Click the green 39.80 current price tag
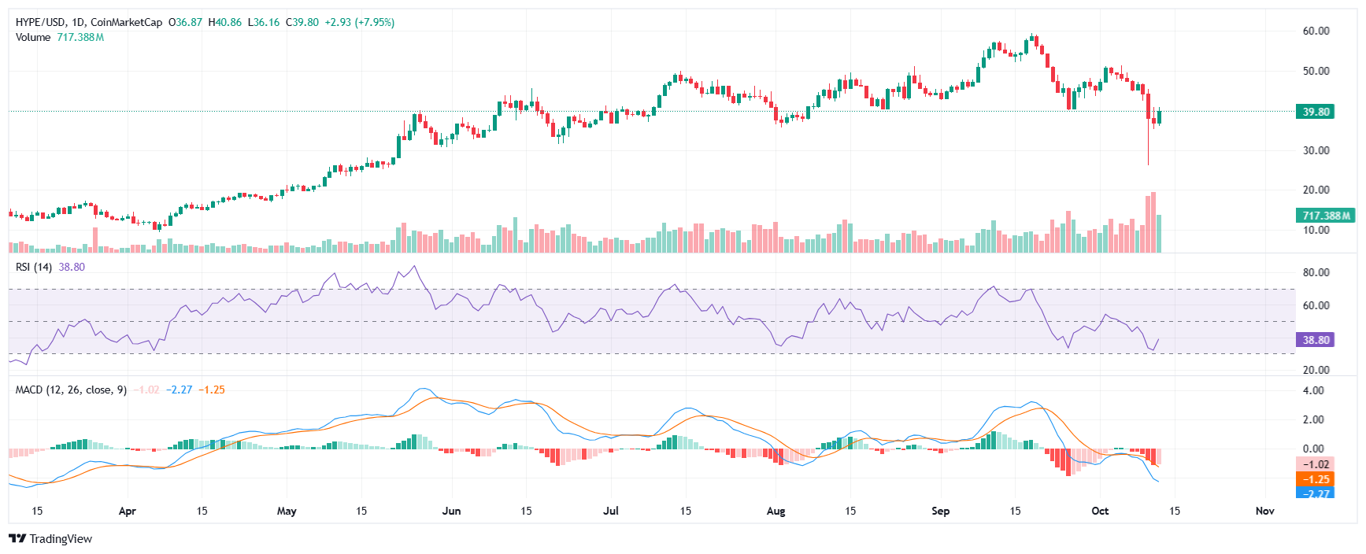(1315, 112)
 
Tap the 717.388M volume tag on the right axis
(1326, 216)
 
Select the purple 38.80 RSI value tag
(1315, 340)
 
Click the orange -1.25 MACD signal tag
(1315, 479)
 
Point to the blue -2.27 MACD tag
(1315, 493)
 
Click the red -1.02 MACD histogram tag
(1315, 464)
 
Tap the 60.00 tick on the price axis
(1316, 31)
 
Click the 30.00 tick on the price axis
(1316, 150)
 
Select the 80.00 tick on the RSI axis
(1316, 272)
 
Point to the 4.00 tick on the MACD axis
(1313, 390)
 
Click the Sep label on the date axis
(940, 511)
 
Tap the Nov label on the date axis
(1264, 511)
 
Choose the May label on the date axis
(287, 511)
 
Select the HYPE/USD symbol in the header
(41, 22)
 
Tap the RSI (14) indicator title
(34, 267)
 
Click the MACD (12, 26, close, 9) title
(71, 390)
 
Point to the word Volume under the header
(33, 37)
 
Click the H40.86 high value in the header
(224, 22)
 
